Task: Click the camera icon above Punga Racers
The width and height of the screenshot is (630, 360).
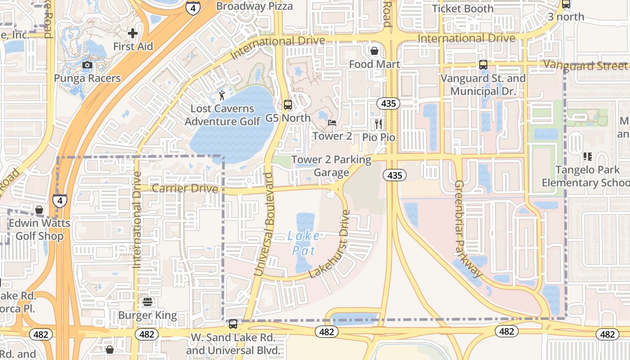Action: tap(87, 65)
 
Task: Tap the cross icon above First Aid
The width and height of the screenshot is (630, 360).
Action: tap(133, 33)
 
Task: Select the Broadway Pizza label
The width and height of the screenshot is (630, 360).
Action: tap(254, 6)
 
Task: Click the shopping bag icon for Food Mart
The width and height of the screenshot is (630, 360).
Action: tap(374, 50)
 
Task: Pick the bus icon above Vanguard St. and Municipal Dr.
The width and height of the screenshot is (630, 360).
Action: tap(483, 65)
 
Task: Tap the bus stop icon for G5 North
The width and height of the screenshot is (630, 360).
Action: tap(288, 105)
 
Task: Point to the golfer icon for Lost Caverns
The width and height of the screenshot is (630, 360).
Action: tap(222, 95)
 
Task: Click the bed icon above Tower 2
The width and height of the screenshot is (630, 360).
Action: tap(332, 122)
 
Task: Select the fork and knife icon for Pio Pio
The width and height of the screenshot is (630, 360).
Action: tap(378, 124)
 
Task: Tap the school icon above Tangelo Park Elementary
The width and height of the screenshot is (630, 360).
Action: tap(587, 157)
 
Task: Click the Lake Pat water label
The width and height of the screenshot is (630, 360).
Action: tap(304, 243)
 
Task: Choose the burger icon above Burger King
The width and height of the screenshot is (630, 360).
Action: tap(148, 302)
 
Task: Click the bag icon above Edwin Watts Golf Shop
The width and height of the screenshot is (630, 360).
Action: tap(40, 210)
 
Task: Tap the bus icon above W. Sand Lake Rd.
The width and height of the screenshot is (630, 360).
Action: tap(233, 324)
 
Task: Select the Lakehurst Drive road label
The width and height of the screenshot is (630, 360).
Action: tap(329, 244)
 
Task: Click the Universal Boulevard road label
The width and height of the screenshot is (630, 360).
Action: tap(264, 224)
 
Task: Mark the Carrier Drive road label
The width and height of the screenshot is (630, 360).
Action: tap(184, 188)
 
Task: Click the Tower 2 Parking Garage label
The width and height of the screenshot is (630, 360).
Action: tap(332, 166)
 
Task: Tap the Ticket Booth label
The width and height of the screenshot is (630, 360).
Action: tap(463, 9)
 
